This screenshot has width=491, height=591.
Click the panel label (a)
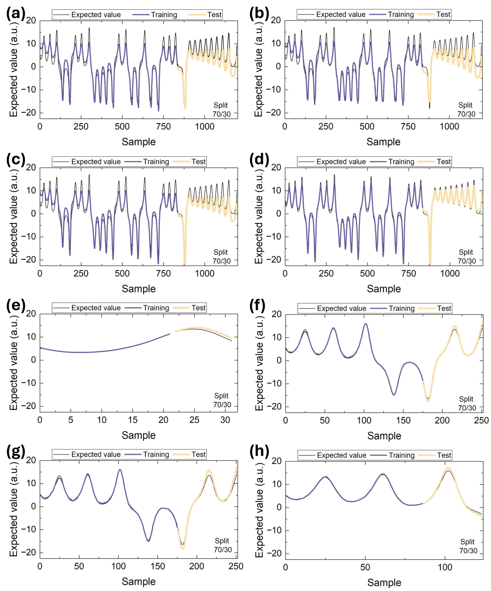click(16, 14)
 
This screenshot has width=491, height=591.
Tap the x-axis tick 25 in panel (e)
click(194, 420)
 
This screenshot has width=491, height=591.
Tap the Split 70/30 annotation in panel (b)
click(466, 110)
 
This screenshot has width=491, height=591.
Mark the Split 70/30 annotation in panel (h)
click(468, 546)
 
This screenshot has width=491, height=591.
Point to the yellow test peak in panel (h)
click(448, 468)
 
